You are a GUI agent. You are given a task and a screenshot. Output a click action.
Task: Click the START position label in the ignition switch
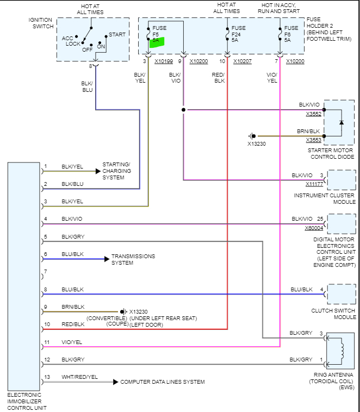point(117,34)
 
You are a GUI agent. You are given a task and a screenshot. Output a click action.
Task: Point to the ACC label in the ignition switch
point(67,38)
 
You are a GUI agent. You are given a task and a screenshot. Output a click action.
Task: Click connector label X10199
point(164,61)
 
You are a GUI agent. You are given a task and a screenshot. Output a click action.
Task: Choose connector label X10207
point(243,61)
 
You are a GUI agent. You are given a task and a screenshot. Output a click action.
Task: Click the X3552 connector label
point(314,114)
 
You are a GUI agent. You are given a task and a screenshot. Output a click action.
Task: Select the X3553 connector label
point(314,140)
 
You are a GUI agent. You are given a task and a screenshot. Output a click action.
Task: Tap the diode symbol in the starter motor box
point(342,122)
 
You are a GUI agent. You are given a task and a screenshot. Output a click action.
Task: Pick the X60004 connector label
point(314,228)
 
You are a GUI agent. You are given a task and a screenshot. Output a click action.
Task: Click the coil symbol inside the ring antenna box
point(342,352)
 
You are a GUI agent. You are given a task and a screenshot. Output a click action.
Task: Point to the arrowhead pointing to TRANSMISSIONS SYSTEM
point(107,259)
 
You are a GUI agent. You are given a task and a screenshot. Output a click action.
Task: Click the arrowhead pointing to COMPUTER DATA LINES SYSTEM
point(115,382)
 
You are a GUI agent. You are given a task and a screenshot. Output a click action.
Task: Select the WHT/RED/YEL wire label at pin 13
point(79,377)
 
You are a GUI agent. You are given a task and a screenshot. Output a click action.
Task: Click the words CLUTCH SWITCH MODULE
point(333,314)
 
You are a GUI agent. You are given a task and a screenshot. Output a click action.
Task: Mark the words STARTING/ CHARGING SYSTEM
point(116,171)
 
